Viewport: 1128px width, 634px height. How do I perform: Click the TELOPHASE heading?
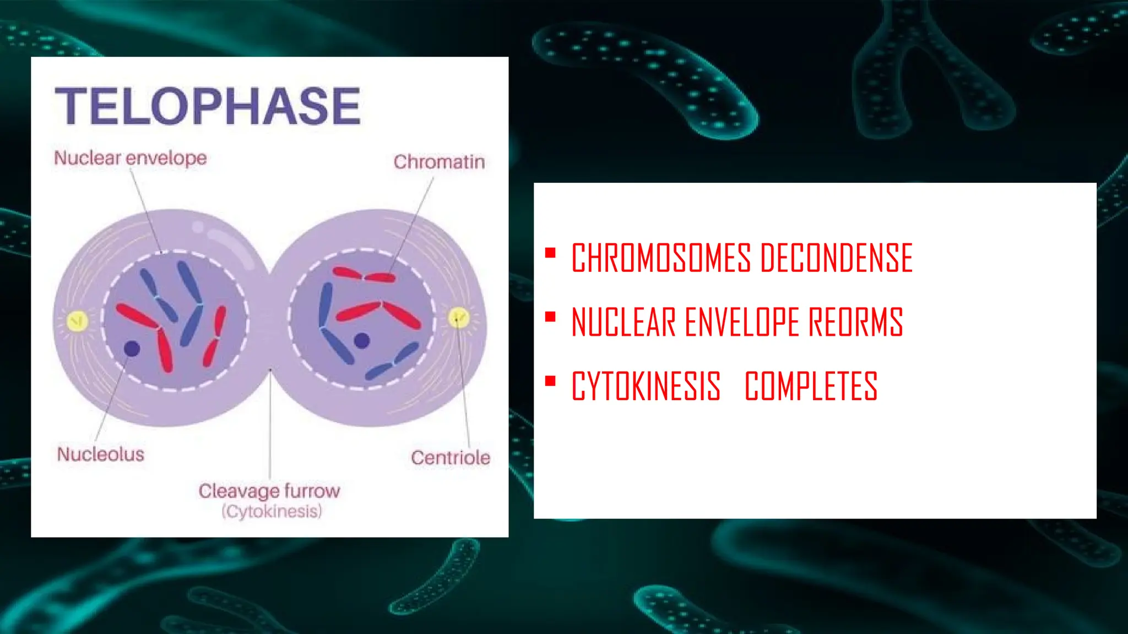click(208, 106)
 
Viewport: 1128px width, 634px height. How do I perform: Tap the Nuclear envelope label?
click(131, 158)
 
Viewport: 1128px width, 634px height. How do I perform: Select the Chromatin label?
click(439, 162)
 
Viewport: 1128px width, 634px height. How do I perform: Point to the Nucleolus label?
click(101, 454)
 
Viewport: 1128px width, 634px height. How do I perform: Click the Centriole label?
click(450, 457)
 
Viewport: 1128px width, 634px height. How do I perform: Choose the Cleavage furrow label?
click(269, 490)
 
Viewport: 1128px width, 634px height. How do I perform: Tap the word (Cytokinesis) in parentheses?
click(272, 511)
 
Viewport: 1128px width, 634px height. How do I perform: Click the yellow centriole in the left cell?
click(77, 320)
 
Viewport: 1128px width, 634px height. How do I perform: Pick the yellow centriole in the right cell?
click(458, 318)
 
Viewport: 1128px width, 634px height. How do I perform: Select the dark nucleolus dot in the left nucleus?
click(132, 348)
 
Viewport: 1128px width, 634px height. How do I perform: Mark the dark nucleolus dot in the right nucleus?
click(361, 341)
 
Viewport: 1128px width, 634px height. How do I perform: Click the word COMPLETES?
click(811, 386)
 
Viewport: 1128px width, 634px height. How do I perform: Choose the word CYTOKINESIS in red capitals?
click(646, 386)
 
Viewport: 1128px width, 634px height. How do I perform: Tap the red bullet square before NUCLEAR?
click(550, 317)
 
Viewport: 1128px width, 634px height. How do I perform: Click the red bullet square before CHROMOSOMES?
click(550, 253)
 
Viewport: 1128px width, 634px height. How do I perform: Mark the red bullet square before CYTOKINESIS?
click(550, 381)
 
